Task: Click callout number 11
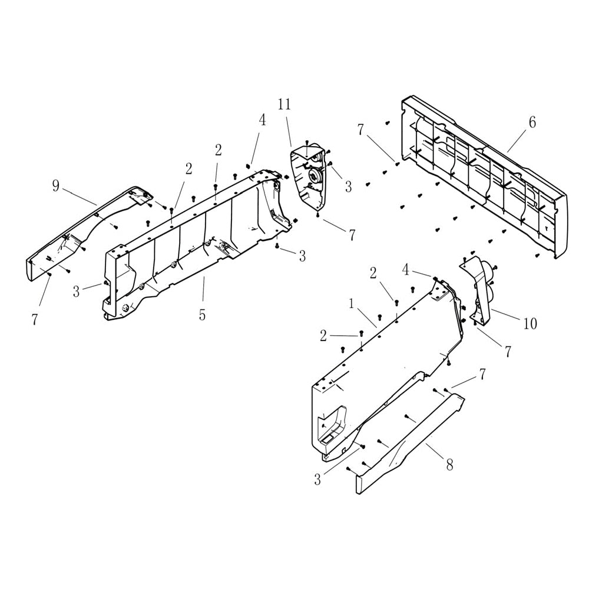pos(284,105)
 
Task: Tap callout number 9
pos(56,187)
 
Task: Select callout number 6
pos(532,123)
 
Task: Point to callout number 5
pos(202,315)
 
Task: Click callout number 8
pos(449,465)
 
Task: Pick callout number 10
pos(530,323)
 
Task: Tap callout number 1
pos(351,304)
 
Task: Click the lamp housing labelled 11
pos(309,174)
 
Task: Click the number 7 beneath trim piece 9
pos(34,320)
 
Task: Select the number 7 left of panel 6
pos(360,130)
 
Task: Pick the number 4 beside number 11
pos(262,120)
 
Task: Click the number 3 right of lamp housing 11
pos(348,187)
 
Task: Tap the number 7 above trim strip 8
pos(482,373)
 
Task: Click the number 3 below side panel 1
pos(317,480)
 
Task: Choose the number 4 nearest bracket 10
pos(405,270)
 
